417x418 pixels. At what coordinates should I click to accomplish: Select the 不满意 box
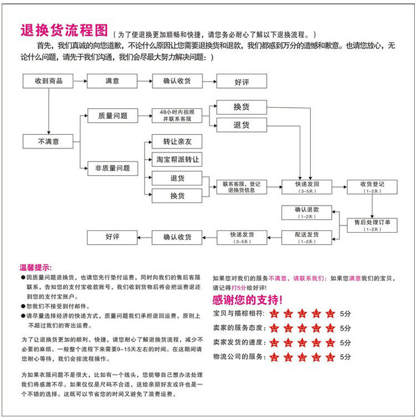coord(48,142)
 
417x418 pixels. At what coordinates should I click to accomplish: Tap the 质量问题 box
coord(112,116)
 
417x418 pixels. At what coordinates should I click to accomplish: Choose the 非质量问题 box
coord(112,168)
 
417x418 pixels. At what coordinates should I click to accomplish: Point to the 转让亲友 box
coord(177,142)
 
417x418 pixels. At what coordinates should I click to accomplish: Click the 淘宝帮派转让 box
coord(177,160)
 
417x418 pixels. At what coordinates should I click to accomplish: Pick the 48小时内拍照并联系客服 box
coord(177,115)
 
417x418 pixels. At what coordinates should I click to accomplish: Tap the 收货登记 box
coord(372,187)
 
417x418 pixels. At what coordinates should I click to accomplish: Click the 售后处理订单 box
coord(372,225)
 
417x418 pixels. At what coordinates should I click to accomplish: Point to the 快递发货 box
coord(241,237)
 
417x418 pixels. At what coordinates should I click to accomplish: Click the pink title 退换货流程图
coord(63,30)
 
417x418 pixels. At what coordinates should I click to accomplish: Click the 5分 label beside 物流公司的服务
coord(345,357)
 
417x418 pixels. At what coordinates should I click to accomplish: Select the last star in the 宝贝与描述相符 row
coord(330,314)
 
